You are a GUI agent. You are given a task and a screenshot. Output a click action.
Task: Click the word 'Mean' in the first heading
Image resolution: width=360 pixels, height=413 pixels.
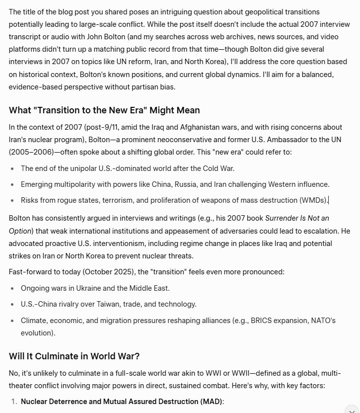point(186,110)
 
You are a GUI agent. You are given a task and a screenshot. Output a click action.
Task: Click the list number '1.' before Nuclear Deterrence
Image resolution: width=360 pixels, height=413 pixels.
point(14,402)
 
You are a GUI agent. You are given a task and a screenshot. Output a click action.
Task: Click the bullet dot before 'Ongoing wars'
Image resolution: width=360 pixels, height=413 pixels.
point(12,288)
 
